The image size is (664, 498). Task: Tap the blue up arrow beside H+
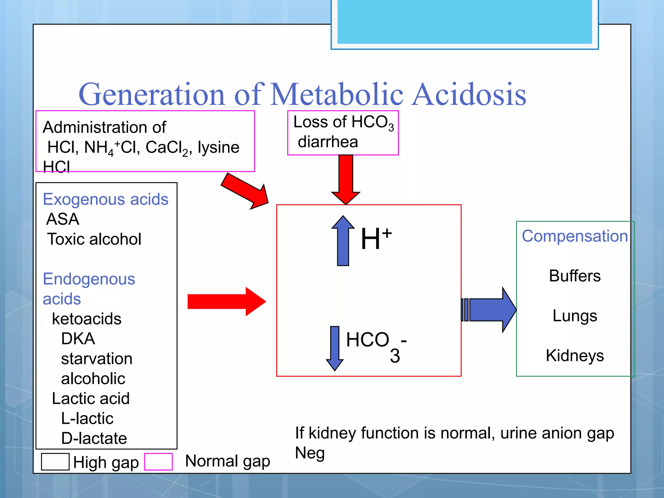[x=343, y=242]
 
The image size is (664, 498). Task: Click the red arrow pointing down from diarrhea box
[x=346, y=178]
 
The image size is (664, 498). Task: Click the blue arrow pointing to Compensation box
[x=490, y=310]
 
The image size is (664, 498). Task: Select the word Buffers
[x=575, y=276]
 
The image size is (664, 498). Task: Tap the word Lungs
[x=575, y=316]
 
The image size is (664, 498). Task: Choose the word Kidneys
[x=575, y=356]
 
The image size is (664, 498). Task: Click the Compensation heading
[x=575, y=236]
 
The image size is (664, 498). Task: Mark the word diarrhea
[x=328, y=142]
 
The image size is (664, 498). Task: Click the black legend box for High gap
[x=55, y=461]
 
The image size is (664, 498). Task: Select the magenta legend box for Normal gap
[x=158, y=461]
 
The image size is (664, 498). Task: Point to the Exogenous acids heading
[x=106, y=199]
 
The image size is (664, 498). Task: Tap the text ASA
[x=63, y=219]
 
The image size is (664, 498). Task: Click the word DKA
[x=78, y=339]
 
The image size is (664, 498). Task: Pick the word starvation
[x=97, y=359]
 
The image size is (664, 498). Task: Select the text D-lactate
[x=94, y=438]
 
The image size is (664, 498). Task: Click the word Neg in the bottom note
[x=310, y=453]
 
